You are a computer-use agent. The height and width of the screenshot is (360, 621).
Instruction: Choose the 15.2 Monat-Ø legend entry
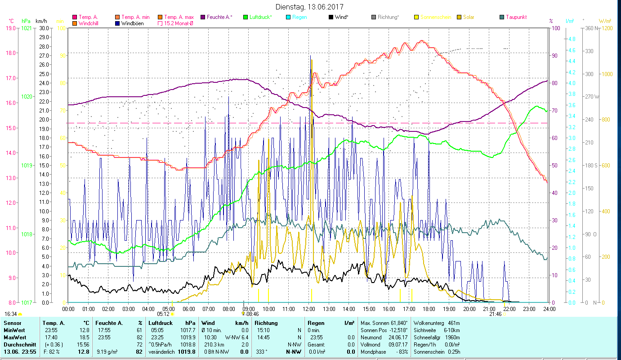(x=179, y=23)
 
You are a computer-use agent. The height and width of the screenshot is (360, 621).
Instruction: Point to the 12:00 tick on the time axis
(x=309, y=309)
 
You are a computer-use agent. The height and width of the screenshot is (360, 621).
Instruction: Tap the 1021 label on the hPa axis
(x=27, y=28)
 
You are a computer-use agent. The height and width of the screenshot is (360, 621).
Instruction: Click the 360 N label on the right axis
(x=590, y=28)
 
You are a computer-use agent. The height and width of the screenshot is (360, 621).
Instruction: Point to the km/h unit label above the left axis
(x=41, y=21)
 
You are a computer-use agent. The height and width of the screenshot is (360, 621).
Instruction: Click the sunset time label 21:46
(x=496, y=314)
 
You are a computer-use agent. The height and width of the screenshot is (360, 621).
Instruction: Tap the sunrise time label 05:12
(x=164, y=314)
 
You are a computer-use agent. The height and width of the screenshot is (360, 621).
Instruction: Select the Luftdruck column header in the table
(x=161, y=323)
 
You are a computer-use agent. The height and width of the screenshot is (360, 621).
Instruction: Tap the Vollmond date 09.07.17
(x=397, y=344)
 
